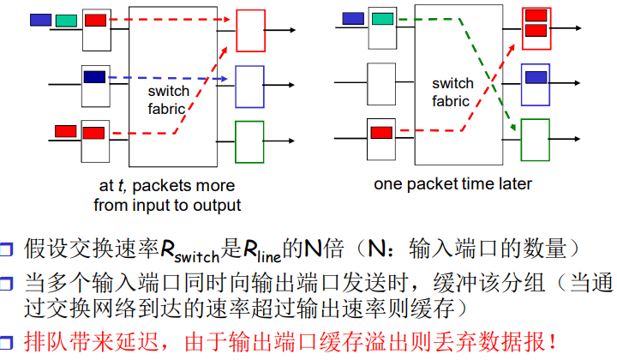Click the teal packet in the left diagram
point(65,20)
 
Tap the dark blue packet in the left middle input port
point(94,77)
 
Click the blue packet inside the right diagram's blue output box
point(536,77)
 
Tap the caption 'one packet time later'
point(452,183)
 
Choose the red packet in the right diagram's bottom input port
point(382,133)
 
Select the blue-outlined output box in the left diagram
point(249,84)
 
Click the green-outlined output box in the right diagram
point(535,140)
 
